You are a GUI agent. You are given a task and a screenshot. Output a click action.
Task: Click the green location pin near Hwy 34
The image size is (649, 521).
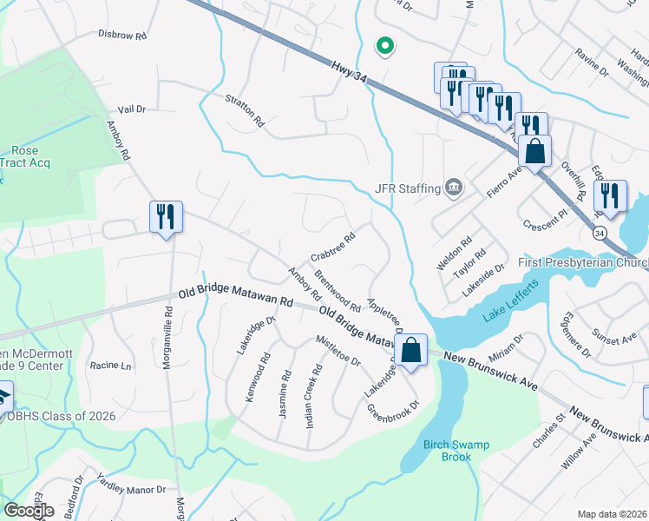pyautogui.click(x=383, y=46)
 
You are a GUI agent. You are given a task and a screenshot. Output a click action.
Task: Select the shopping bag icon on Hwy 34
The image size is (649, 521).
pyautogui.click(x=535, y=150)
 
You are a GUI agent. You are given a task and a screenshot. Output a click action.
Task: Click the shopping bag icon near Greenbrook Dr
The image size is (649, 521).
pyautogui.click(x=412, y=351)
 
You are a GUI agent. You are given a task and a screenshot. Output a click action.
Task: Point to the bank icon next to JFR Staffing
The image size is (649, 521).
pyautogui.click(x=453, y=188)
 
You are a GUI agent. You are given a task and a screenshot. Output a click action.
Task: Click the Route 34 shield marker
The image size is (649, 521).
pyautogui.click(x=600, y=233)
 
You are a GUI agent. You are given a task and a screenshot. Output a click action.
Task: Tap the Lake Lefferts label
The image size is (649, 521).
pyautogui.click(x=511, y=313)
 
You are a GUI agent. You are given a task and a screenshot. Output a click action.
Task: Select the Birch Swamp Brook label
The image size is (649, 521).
pyautogui.click(x=457, y=451)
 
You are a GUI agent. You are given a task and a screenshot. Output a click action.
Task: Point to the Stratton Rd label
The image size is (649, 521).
pyautogui.click(x=244, y=111)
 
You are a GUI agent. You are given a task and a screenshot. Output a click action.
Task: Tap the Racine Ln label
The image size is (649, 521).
pyautogui.click(x=110, y=366)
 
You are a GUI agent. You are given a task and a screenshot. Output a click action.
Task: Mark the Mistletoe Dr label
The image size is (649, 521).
pyautogui.click(x=338, y=350)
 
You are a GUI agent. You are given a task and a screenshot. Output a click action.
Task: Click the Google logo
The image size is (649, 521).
pyautogui.click(x=29, y=510)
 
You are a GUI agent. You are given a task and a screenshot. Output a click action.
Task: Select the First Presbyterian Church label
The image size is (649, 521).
pyautogui.click(x=583, y=262)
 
